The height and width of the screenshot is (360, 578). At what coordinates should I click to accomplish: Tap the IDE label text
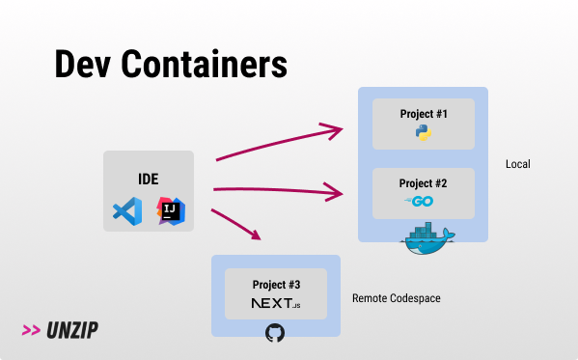click(x=148, y=179)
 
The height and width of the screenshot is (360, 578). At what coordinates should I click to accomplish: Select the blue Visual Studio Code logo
click(x=127, y=210)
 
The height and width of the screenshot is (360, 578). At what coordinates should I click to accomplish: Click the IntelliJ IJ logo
click(x=171, y=210)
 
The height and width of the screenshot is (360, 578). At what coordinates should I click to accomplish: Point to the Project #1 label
click(x=424, y=114)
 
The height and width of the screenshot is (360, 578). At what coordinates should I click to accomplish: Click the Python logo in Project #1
click(x=423, y=132)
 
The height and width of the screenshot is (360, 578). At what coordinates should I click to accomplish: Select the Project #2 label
click(x=424, y=183)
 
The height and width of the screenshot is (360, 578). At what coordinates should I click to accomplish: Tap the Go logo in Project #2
click(x=422, y=201)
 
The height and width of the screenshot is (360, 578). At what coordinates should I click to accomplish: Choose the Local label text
click(x=518, y=165)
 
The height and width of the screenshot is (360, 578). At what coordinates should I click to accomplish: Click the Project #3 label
click(x=276, y=285)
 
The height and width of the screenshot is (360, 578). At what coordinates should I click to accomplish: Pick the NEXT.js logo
click(x=276, y=304)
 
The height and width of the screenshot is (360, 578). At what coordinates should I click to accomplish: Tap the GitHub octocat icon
click(x=275, y=334)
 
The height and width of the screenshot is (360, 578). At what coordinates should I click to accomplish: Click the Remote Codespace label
click(x=396, y=299)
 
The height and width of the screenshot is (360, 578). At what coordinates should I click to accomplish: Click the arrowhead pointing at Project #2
click(x=339, y=193)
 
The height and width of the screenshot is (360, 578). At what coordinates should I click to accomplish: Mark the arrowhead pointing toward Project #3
click(x=256, y=235)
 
